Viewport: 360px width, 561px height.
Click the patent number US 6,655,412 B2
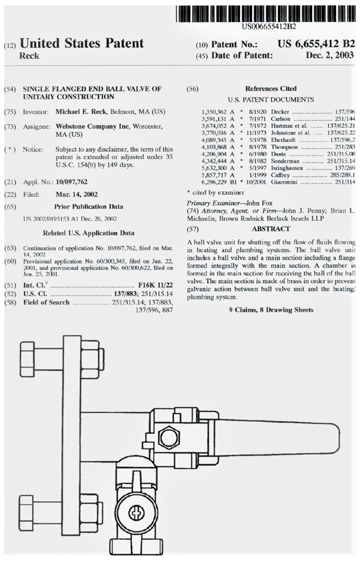[x=316, y=44]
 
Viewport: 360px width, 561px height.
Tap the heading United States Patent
[x=82, y=43]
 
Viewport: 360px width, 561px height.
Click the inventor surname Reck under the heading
[x=30, y=56]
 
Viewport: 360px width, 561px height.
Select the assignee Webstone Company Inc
[x=98, y=127]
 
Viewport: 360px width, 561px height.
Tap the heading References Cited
[x=270, y=89]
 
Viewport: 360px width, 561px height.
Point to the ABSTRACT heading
[x=271, y=229]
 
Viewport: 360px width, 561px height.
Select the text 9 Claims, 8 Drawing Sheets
[x=271, y=310]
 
